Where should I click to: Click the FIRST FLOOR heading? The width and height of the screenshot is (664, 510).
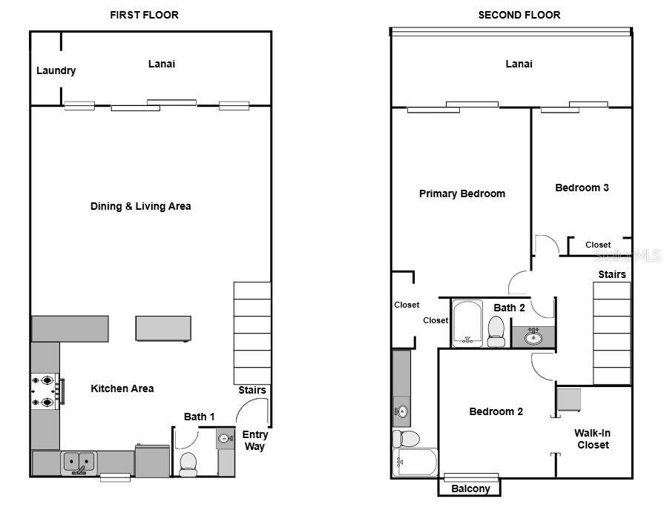click(144, 15)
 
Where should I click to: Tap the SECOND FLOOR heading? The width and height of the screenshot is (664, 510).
click(519, 15)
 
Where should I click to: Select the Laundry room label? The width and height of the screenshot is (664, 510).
click(56, 71)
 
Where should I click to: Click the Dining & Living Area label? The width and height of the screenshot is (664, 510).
click(140, 206)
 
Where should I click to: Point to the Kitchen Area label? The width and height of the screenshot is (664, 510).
click(122, 388)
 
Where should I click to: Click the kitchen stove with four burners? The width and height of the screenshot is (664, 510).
click(45, 392)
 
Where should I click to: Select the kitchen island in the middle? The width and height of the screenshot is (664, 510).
click(163, 328)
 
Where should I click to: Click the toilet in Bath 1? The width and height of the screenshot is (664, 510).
click(188, 463)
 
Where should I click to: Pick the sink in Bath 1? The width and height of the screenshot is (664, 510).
click(226, 439)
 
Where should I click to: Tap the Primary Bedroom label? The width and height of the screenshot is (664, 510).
click(461, 193)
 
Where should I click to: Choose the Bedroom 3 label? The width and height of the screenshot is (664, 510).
click(582, 188)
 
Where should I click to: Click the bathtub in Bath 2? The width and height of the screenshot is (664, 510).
click(467, 323)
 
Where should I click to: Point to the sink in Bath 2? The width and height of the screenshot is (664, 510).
click(533, 338)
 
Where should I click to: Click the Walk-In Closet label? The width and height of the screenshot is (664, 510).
click(591, 439)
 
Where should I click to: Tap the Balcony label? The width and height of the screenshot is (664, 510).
click(470, 489)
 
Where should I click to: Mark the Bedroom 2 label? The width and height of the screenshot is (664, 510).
click(496, 411)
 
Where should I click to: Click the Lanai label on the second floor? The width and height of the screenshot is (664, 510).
click(519, 64)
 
